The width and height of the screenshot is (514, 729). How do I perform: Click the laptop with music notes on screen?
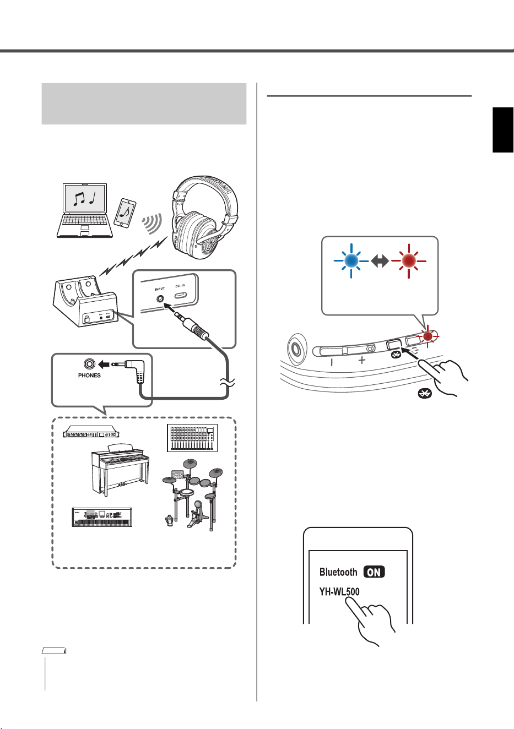pos(85,210)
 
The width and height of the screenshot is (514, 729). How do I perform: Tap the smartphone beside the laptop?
pos(125,213)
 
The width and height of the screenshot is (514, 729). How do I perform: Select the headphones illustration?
pos(204,217)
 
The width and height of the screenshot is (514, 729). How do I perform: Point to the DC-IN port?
pos(180,296)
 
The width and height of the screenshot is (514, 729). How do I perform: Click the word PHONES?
pos(89,376)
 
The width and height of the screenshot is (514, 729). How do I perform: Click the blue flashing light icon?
pos(351,260)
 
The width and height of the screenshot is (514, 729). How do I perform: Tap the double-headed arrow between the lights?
pos(380,260)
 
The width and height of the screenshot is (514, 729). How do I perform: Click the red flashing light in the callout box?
pos(408,260)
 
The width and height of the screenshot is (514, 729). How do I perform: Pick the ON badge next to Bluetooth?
pos(374,572)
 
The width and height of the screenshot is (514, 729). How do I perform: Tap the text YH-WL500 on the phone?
pos(339,591)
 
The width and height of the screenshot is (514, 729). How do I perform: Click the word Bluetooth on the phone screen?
pos(338,572)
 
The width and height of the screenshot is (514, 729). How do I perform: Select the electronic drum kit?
pos(193,494)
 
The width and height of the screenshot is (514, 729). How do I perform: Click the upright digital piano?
pos(120,469)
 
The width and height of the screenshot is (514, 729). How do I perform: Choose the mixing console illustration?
pos(192,438)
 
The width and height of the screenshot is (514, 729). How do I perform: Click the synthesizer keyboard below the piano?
pos(102,517)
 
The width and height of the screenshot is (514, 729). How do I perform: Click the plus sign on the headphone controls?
pos(361,360)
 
